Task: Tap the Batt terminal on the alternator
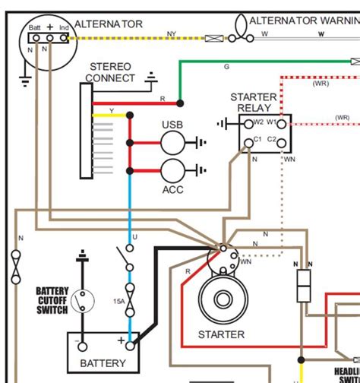click(36, 36)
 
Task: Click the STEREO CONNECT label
click(111, 73)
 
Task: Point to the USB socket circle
click(173, 141)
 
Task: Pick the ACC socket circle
click(173, 171)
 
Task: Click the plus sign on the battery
click(120, 341)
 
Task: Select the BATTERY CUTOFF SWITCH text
click(52, 300)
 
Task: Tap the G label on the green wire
click(226, 68)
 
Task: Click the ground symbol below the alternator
click(26, 78)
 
